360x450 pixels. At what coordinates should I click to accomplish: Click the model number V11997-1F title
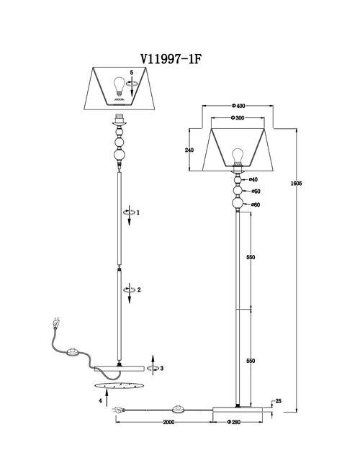(171, 59)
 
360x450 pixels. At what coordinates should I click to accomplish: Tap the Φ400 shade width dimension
(238, 106)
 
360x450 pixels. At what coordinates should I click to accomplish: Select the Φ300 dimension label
(237, 117)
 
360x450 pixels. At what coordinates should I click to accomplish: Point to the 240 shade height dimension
(189, 150)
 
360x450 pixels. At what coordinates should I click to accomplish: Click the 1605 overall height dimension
(296, 183)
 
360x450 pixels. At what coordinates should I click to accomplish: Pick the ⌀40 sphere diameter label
(253, 180)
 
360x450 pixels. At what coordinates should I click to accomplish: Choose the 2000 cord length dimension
(168, 422)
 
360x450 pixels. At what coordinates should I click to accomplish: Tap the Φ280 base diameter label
(233, 422)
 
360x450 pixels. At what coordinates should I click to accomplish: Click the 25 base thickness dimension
(278, 401)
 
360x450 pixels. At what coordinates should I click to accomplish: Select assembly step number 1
(138, 212)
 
